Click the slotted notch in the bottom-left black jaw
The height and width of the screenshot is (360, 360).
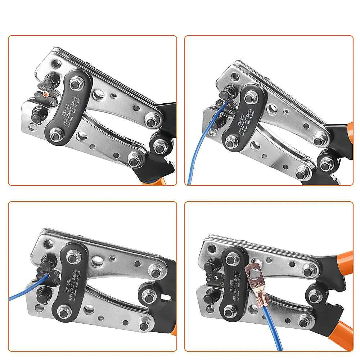[x=166, y=298]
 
